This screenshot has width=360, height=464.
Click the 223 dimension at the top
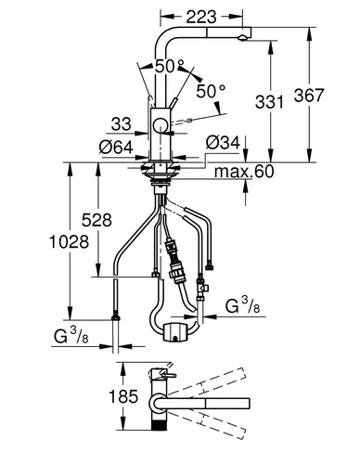(x=201, y=17)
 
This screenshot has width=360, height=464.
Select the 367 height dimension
(x=309, y=95)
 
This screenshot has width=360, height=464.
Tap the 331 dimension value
(x=269, y=102)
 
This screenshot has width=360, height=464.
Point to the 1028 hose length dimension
(x=70, y=241)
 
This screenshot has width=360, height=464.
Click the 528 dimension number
(x=96, y=220)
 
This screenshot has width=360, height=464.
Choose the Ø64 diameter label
(x=116, y=148)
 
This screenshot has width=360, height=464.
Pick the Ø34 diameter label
(x=223, y=143)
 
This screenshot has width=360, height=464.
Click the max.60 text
(x=244, y=171)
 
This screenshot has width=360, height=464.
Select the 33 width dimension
(x=122, y=124)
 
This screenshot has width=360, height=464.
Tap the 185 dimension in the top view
(x=123, y=396)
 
